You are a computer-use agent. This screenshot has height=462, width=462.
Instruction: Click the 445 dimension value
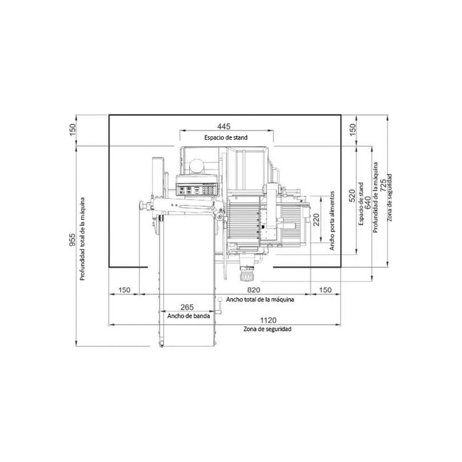(x=224, y=126)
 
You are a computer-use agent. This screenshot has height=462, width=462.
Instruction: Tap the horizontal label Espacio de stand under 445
(x=226, y=137)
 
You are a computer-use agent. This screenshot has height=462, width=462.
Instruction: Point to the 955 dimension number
(x=72, y=240)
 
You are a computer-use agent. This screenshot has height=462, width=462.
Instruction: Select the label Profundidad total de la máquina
(x=83, y=239)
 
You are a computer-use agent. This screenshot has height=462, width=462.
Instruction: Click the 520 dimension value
(x=352, y=196)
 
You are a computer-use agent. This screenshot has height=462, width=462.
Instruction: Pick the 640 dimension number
(x=368, y=203)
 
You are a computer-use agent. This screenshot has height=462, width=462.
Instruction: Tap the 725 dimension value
(x=383, y=185)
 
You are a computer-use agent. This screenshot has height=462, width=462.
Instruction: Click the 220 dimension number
(x=316, y=219)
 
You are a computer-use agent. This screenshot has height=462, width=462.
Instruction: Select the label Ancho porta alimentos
(x=333, y=221)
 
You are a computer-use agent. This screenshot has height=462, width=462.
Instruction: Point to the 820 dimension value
(x=254, y=290)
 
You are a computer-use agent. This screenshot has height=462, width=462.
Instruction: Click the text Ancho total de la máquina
(x=260, y=299)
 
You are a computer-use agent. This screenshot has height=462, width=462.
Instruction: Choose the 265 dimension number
(x=187, y=307)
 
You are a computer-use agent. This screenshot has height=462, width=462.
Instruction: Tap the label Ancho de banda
(x=188, y=316)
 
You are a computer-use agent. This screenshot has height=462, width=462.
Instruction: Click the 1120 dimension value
(x=269, y=320)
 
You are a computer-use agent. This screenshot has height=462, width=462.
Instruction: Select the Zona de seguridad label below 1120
(x=267, y=329)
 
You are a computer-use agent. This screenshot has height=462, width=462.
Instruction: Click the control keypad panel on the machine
(x=197, y=185)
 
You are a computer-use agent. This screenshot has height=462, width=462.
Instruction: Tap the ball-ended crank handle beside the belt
(x=219, y=306)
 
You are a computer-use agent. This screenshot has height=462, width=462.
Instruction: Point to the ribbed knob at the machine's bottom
(x=247, y=274)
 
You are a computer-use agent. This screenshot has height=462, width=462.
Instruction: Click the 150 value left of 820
(x=124, y=290)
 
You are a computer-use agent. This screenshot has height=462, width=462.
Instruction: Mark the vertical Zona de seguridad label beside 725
(x=390, y=197)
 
